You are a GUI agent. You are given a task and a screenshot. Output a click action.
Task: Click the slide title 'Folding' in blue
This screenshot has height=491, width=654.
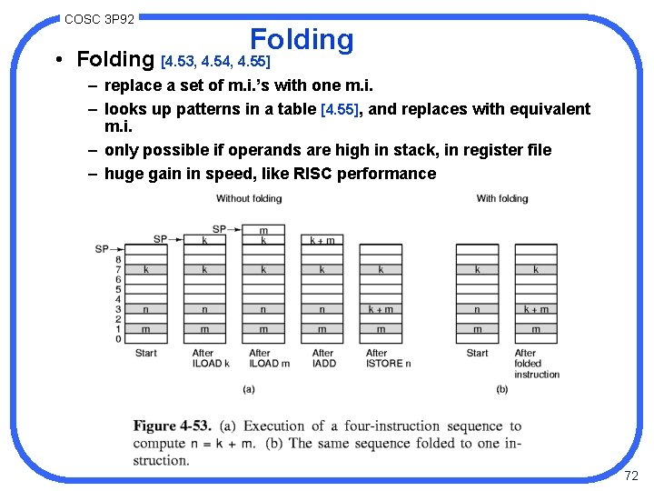302,40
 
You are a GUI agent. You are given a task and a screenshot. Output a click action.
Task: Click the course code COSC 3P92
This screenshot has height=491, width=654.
100,19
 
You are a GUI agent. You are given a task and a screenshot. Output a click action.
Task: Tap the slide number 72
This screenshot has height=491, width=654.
632,476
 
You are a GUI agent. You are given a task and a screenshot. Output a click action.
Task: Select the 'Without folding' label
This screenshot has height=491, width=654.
245,198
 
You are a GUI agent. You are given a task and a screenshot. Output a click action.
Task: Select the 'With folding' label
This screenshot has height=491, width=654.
502,198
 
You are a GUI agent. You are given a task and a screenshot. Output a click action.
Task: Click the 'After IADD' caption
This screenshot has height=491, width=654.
323,358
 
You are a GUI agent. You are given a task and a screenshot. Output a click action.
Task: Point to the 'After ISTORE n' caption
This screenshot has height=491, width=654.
387,358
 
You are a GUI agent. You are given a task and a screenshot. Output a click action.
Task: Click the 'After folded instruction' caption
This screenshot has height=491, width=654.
537,364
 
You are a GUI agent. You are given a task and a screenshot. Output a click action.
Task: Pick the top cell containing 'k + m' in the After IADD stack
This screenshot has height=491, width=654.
322,240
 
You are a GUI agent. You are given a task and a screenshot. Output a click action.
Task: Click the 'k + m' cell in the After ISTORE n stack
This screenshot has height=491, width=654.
381,309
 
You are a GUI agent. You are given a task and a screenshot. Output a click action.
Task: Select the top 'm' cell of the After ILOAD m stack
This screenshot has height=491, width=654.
263,230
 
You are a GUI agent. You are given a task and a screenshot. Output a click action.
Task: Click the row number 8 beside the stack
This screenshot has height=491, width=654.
118,259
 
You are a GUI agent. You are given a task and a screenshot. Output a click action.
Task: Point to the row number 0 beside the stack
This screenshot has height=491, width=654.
118,339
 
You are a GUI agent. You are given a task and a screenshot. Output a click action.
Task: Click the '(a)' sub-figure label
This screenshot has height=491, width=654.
248,389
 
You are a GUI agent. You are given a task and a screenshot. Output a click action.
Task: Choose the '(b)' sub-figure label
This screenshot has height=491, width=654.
502,389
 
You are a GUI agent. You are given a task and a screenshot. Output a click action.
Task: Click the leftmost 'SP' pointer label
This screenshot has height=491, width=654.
102,249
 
